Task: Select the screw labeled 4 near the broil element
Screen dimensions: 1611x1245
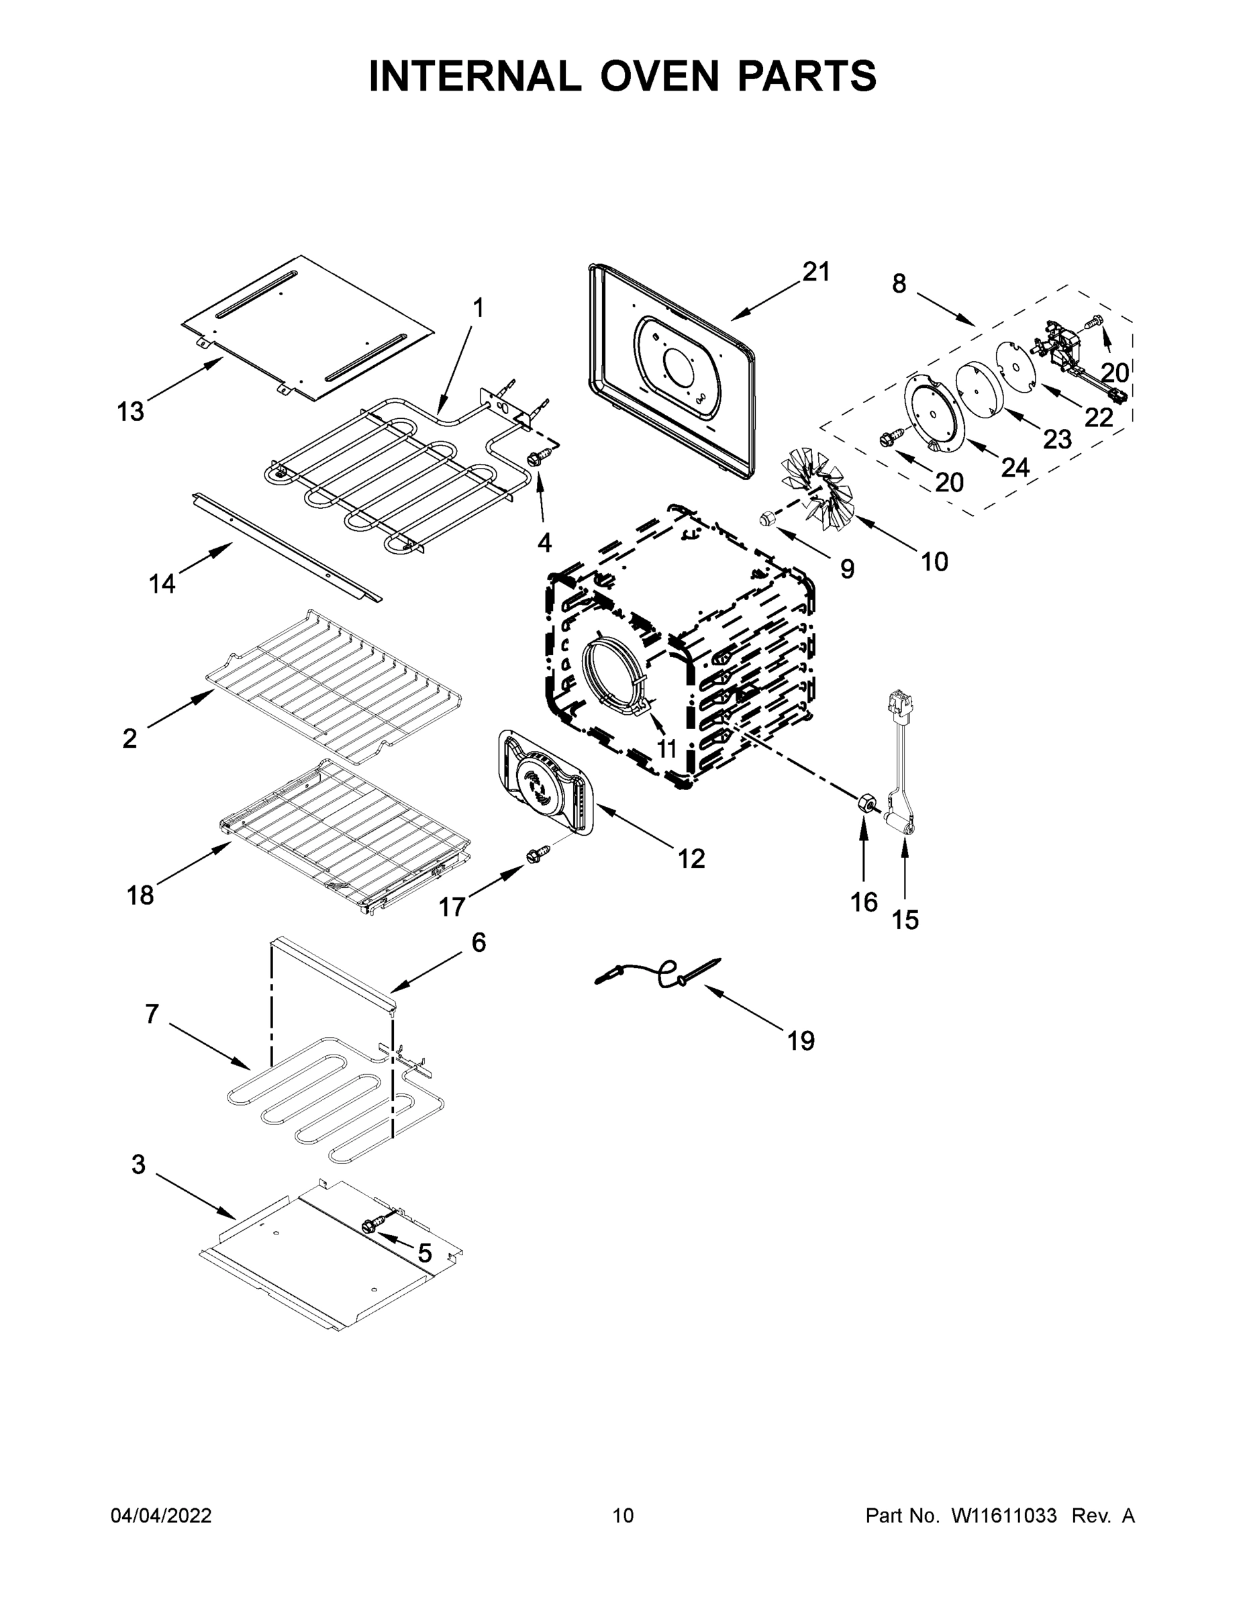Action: (x=536, y=459)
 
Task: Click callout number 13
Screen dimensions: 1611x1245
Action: (x=131, y=411)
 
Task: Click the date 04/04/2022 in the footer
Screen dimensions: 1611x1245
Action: (x=161, y=1516)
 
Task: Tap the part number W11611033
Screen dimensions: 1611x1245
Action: (x=1004, y=1516)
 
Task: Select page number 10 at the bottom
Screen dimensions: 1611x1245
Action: (x=624, y=1516)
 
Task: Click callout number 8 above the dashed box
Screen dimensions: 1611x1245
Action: (x=899, y=283)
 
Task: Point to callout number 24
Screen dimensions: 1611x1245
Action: (x=1015, y=467)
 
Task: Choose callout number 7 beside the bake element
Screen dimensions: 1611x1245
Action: (x=151, y=1014)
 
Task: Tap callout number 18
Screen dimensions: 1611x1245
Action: (x=140, y=895)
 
